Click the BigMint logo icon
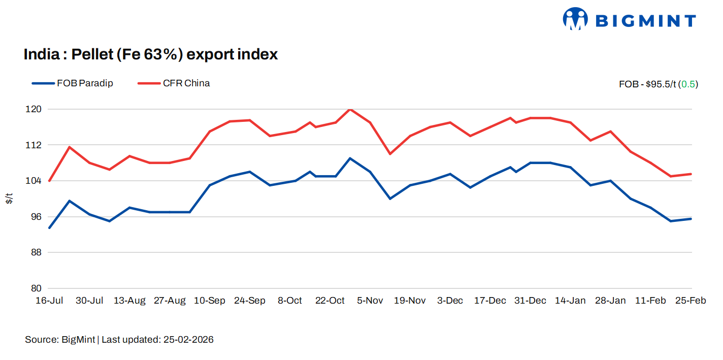tap(575, 19)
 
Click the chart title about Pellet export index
tap(151, 54)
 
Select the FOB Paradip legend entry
tap(73, 83)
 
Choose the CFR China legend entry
tap(174, 83)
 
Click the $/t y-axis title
tap(9, 199)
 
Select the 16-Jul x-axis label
tap(49, 301)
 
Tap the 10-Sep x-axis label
tap(210, 301)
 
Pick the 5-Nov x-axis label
tap(370, 301)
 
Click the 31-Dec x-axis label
tap(530, 301)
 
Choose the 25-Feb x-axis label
tap(691, 301)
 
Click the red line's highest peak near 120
tap(350, 109)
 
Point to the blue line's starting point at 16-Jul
tap(49, 228)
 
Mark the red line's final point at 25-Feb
tap(691, 174)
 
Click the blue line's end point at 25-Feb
tap(691, 219)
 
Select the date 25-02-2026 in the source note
tap(188, 340)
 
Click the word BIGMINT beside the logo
tap(645, 21)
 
